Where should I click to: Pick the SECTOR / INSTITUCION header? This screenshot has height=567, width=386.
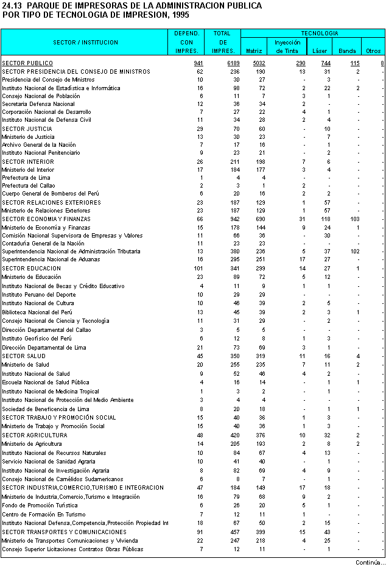(85, 43)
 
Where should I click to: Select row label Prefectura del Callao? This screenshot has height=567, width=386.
(28, 185)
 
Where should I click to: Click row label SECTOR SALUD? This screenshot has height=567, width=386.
(24, 356)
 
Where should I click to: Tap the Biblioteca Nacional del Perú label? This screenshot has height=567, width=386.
(37, 312)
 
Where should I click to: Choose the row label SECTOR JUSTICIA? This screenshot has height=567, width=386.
(27, 129)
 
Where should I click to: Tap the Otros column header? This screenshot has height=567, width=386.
(372, 51)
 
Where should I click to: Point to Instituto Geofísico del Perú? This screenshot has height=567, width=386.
(37, 338)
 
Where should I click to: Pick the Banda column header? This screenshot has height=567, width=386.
(347, 51)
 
